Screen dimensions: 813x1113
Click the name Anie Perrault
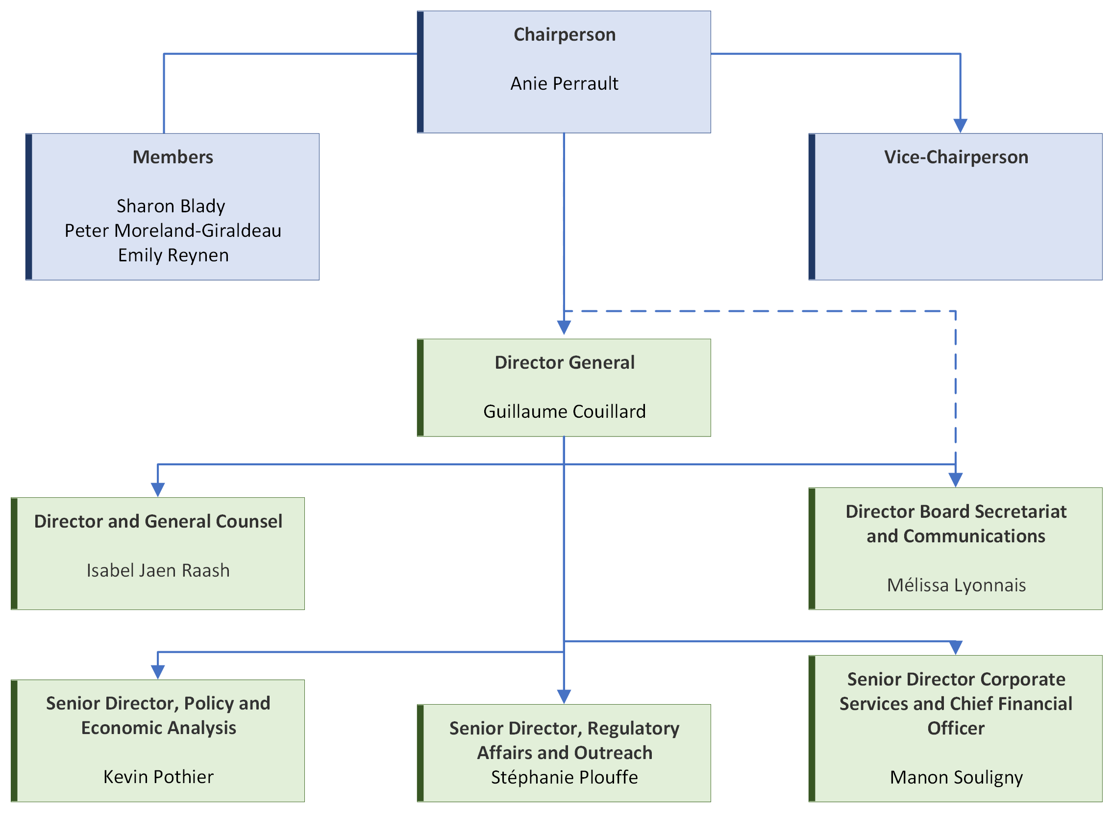click(564, 84)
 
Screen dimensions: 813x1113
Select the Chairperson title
click(564, 35)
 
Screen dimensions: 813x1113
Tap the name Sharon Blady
click(171, 206)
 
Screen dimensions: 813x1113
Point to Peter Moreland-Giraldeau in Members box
click(173, 231)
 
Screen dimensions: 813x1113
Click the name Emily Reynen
click(173, 255)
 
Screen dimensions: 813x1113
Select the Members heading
click(173, 157)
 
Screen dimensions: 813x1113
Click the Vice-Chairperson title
click(956, 157)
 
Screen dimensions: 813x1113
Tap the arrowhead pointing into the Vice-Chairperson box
click(960, 126)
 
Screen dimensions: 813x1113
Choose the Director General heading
click(564, 363)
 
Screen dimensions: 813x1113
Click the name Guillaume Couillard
click(564, 411)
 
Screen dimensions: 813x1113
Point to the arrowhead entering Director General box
click(564, 328)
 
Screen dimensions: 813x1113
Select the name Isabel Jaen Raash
click(158, 570)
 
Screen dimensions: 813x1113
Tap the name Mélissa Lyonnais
click(956, 585)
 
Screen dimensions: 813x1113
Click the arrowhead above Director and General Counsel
click(157, 490)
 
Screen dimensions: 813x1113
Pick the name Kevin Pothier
click(158, 777)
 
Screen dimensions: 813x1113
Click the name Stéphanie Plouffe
click(564, 777)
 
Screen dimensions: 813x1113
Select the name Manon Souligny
click(956, 777)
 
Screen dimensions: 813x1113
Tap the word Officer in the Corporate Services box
click(956, 728)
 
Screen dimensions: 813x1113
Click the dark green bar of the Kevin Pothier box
click(14, 740)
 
